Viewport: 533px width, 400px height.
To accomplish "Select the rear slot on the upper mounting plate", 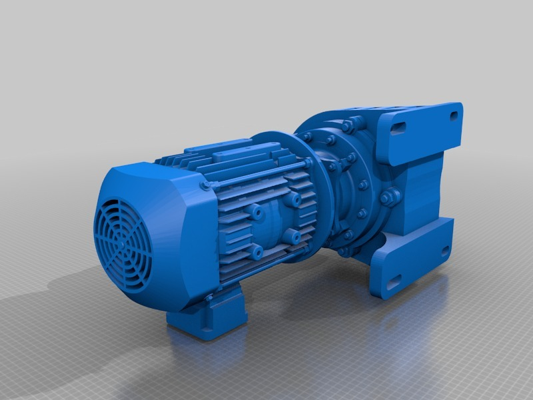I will (455, 115).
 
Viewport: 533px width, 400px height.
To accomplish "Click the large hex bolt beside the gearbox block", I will (388, 197).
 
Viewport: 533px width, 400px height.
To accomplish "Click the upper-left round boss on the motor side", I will (255, 211).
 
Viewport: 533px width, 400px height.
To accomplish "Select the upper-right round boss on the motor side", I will (293, 199).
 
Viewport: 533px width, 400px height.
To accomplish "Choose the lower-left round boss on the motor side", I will (256, 251).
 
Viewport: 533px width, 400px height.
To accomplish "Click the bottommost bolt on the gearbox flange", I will (344, 252).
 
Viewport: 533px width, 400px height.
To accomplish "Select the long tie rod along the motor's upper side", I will (260, 175).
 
